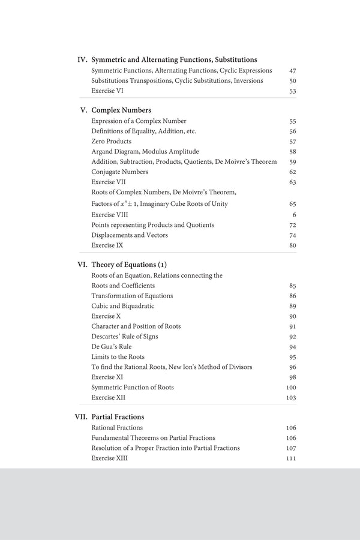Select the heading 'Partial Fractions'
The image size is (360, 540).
point(118,417)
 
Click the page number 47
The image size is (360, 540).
point(293,71)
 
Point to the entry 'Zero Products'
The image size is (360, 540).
point(111,142)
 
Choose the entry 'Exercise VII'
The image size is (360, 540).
point(109,182)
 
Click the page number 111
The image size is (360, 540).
point(291,458)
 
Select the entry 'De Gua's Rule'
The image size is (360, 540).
point(112,347)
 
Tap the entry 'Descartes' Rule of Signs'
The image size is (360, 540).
point(125,337)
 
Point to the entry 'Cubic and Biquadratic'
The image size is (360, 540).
point(122,306)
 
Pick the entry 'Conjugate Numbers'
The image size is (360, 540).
point(119,172)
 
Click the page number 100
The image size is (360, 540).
point(291,388)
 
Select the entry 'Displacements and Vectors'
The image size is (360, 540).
point(130,235)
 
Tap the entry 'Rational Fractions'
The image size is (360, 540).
point(117,428)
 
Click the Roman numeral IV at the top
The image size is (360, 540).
point(83,60)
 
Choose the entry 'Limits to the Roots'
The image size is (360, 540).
point(118,357)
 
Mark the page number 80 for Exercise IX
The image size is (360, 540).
point(293,245)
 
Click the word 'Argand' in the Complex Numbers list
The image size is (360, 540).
point(102,152)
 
